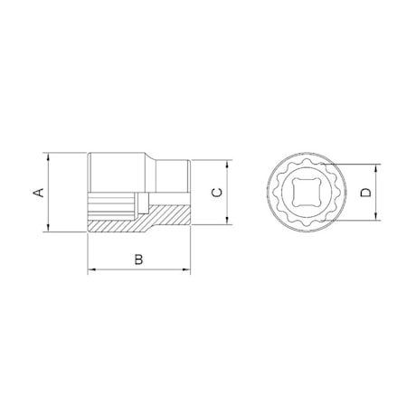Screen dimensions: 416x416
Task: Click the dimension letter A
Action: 38,193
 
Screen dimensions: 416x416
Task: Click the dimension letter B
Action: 138,260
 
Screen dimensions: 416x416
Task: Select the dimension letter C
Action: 217,192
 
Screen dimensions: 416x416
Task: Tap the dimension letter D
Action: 366,193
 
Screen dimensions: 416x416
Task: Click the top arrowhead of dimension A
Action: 48,157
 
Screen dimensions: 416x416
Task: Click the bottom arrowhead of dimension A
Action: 48,227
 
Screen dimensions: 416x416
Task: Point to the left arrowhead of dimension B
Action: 92,269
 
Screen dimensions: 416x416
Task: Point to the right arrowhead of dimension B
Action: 186,269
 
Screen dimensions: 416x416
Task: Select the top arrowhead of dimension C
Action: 227,165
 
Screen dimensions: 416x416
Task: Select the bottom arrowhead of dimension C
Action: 227,220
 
